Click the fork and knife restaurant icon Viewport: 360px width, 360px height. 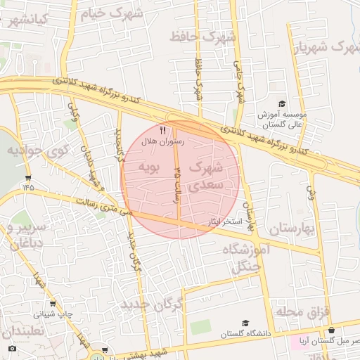point(163,130)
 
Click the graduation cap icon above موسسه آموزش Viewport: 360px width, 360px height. point(283,103)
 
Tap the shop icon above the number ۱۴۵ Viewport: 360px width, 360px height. point(27,176)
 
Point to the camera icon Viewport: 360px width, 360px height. point(12,349)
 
